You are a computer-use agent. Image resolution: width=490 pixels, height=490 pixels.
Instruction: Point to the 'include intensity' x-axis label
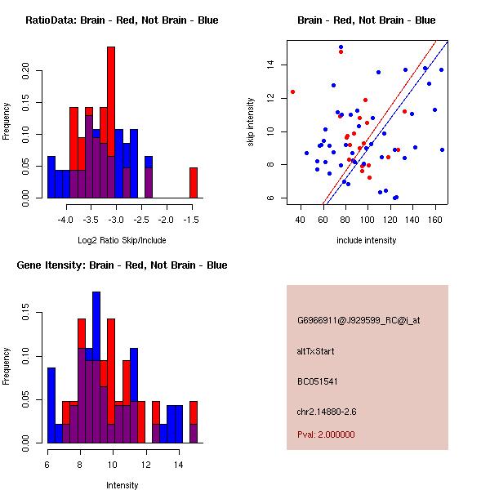click(367, 240)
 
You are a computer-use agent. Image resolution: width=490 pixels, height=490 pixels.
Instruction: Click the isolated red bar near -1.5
click(194, 182)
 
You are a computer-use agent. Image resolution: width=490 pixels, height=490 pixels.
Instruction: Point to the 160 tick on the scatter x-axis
click(434, 220)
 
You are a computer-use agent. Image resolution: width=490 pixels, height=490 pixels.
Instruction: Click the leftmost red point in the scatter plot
click(292, 91)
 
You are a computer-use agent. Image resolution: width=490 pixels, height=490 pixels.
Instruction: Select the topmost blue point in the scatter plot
click(341, 47)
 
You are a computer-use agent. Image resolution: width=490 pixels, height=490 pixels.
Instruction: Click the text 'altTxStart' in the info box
click(316, 351)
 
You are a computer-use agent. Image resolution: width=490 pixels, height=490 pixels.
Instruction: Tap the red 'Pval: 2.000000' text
click(326, 434)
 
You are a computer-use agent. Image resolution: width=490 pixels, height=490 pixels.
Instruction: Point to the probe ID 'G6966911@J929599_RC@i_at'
click(359, 321)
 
